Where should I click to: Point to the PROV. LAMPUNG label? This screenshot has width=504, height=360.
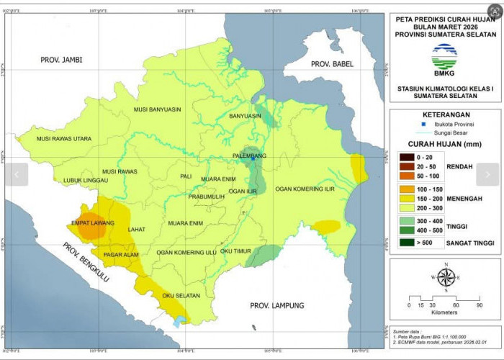(x=278, y=305)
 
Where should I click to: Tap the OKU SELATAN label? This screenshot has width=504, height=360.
(x=180, y=295)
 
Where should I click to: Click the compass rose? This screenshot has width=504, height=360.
(x=445, y=276)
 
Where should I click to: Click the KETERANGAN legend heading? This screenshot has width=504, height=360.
(x=446, y=114)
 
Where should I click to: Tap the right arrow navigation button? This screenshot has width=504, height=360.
(x=487, y=174)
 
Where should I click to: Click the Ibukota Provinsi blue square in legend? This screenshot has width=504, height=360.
(x=423, y=125)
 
